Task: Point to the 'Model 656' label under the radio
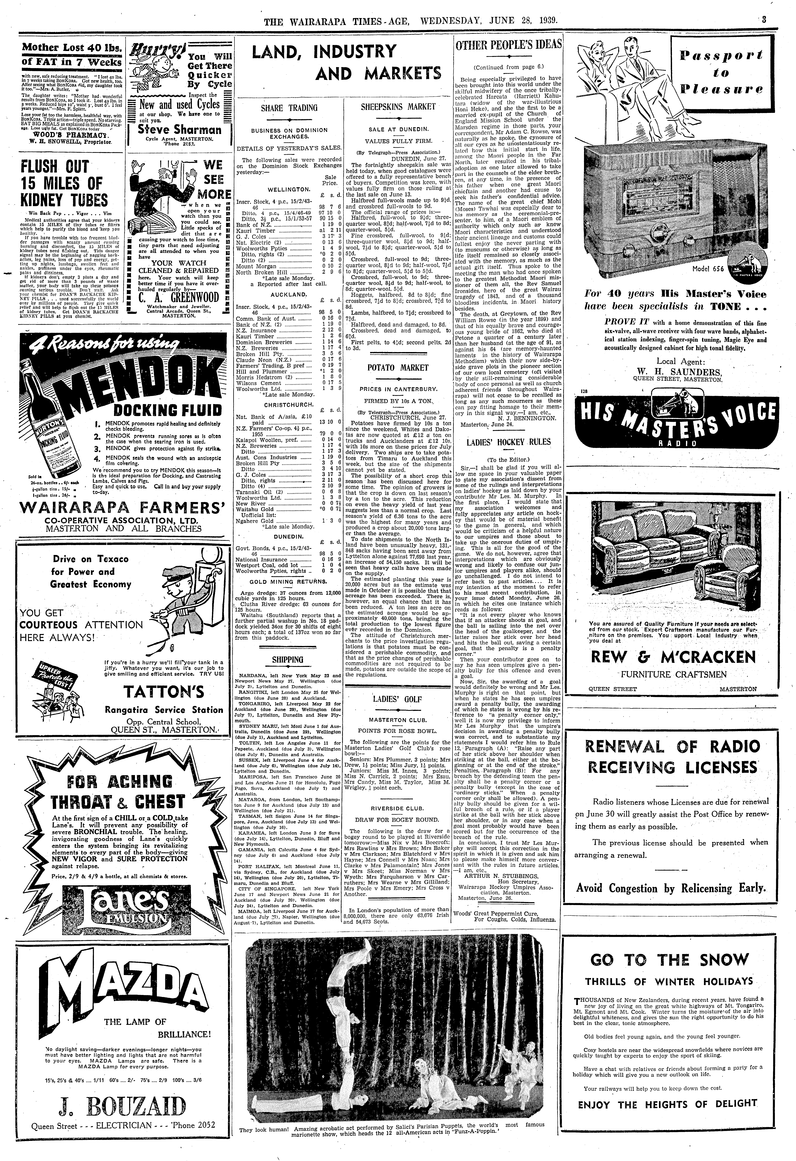coord(708,269)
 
